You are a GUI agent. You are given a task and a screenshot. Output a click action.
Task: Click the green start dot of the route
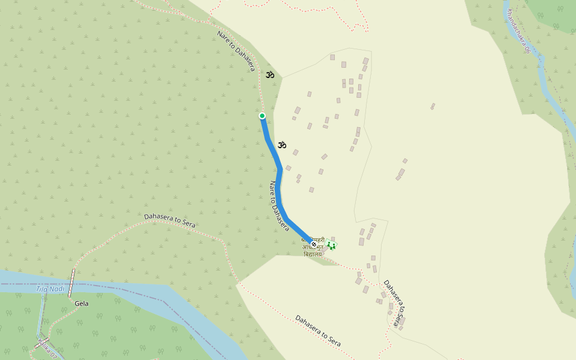(x=262, y=116)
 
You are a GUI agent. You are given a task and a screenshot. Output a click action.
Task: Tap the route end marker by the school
(x=313, y=244)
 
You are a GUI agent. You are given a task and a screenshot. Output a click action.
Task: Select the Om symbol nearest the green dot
(x=281, y=145)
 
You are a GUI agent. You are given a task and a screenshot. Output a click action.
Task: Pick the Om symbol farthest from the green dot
(x=270, y=75)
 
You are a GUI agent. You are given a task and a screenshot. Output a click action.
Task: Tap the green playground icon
(x=331, y=245)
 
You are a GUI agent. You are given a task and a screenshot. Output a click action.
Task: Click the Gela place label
(x=82, y=304)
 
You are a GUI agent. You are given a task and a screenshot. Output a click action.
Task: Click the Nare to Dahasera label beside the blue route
(x=278, y=206)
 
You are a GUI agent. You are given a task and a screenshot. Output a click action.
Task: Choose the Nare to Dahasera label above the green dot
(x=236, y=51)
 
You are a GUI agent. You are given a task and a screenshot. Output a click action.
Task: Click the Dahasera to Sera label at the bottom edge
(x=318, y=331)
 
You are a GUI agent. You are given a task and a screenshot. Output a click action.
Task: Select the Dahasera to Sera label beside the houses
(x=395, y=304)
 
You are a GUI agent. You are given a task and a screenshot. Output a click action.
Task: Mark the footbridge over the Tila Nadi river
(x=72, y=283)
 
